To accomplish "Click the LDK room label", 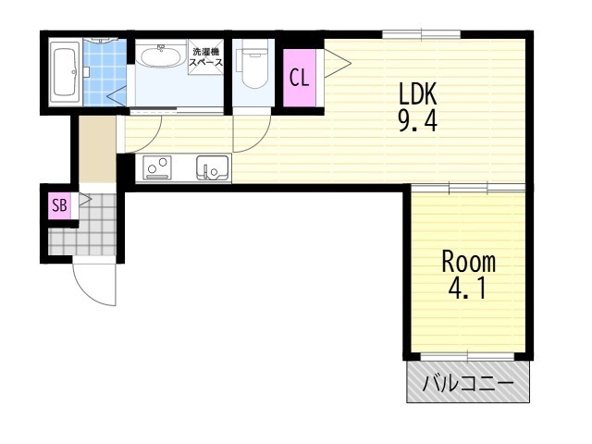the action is [418, 93].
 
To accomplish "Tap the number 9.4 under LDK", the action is [418, 121].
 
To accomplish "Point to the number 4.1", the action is [466, 288].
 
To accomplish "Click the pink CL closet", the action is [300, 78].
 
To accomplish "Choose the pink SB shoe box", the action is [59, 205].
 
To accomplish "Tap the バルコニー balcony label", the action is [468, 384].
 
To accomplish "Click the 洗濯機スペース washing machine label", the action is [205, 57].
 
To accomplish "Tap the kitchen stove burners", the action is [156, 168].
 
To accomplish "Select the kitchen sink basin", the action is [213, 168].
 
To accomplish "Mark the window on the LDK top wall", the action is [422, 35].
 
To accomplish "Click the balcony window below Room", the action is [467, 356].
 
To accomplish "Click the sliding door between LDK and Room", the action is [468, 188].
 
